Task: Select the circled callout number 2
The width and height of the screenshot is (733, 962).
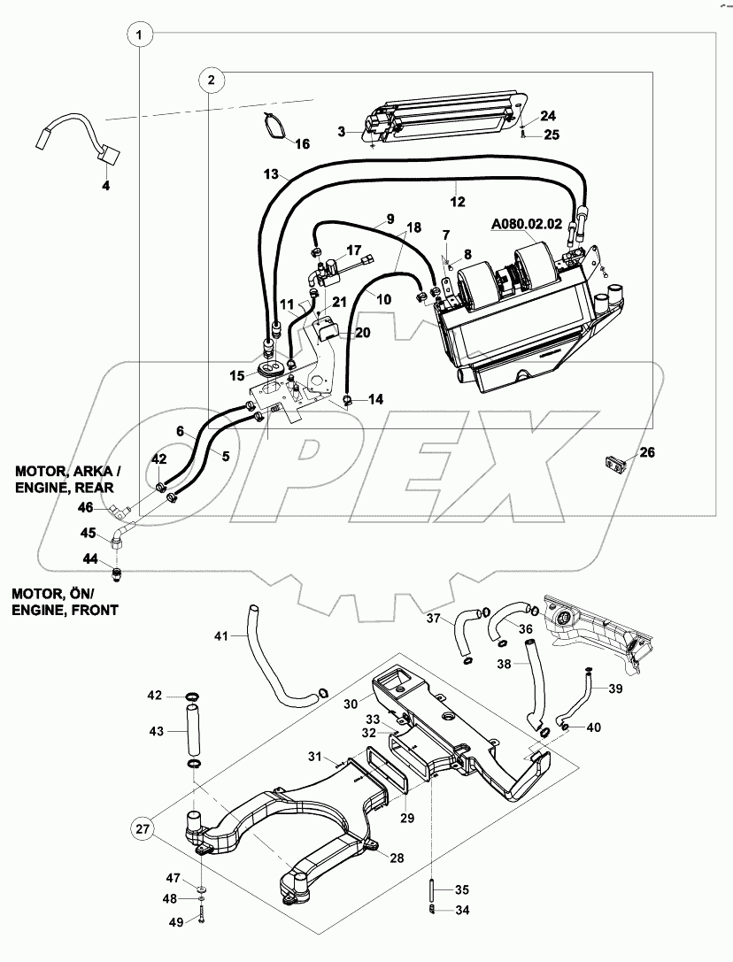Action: (210, 80)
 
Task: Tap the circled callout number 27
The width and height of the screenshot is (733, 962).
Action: (143, 829)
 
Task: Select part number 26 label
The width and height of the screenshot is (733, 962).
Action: (647, 452)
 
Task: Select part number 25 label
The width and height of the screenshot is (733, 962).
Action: (551, 135)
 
